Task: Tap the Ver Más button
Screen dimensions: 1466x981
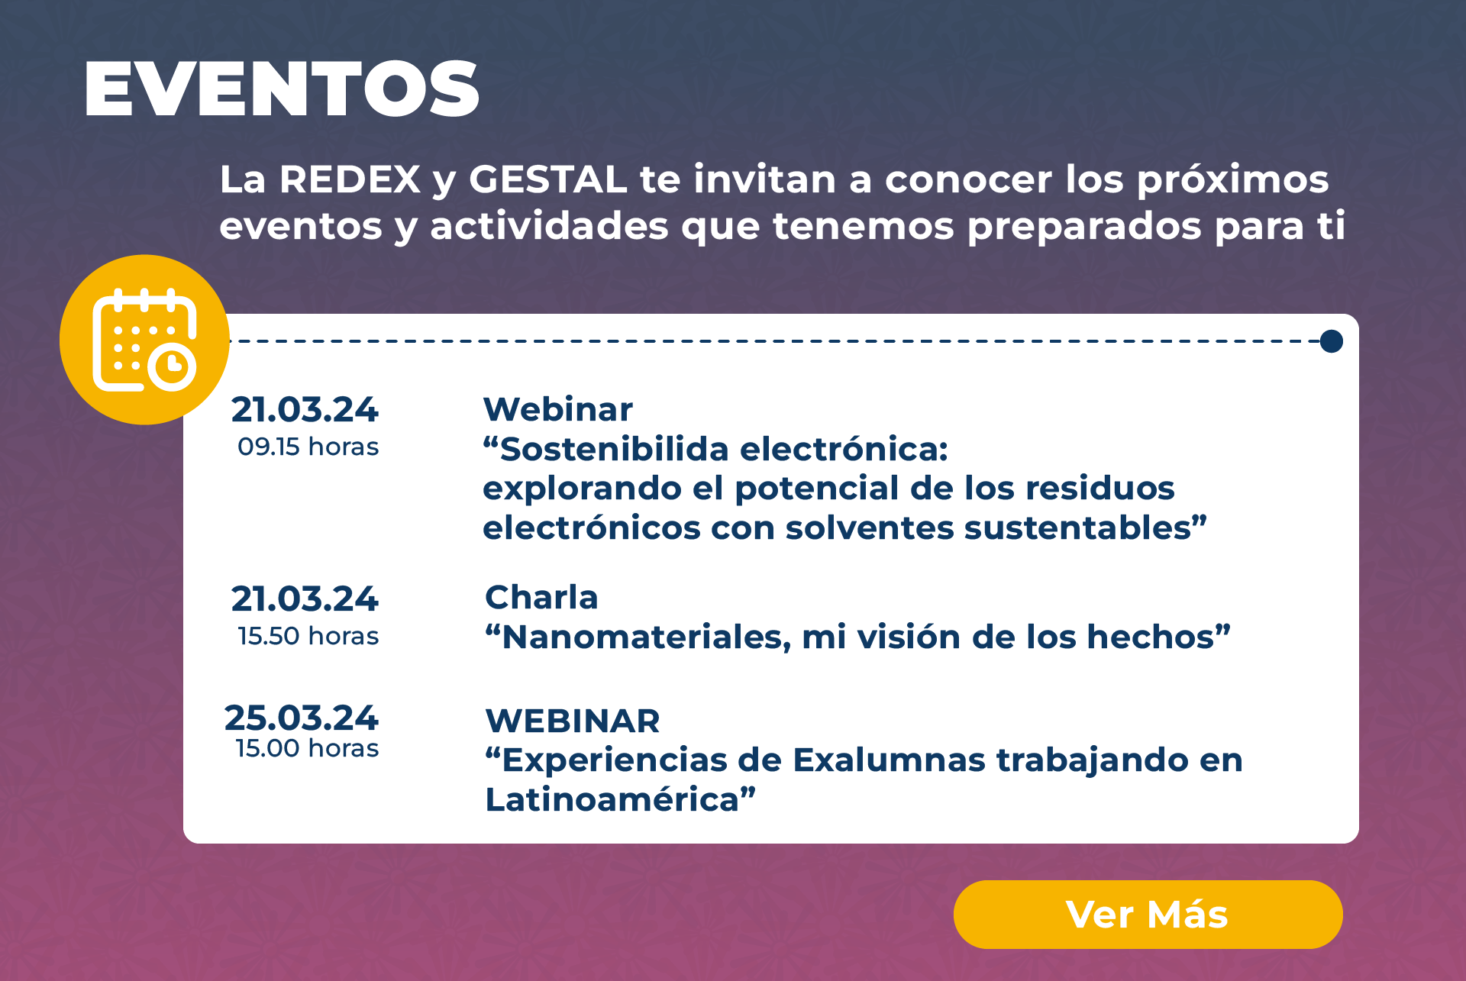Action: (1148, 914)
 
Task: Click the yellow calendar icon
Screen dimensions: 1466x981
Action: (144, 340)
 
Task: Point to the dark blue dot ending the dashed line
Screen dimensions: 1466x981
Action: (1332, 341)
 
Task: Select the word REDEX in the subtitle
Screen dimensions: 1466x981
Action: (350, 179)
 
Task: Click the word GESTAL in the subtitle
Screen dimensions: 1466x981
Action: (547, 179)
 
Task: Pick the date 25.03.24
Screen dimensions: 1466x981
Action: (302, 718)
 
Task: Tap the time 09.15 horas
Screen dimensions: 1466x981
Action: (308, 447)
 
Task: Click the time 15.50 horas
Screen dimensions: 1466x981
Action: (308, 636)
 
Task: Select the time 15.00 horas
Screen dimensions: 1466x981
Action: (307, 748)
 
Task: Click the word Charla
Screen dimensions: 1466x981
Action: (541, 597)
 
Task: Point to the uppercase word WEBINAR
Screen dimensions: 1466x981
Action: (573, 721)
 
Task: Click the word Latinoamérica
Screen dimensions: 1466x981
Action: (613, 799)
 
